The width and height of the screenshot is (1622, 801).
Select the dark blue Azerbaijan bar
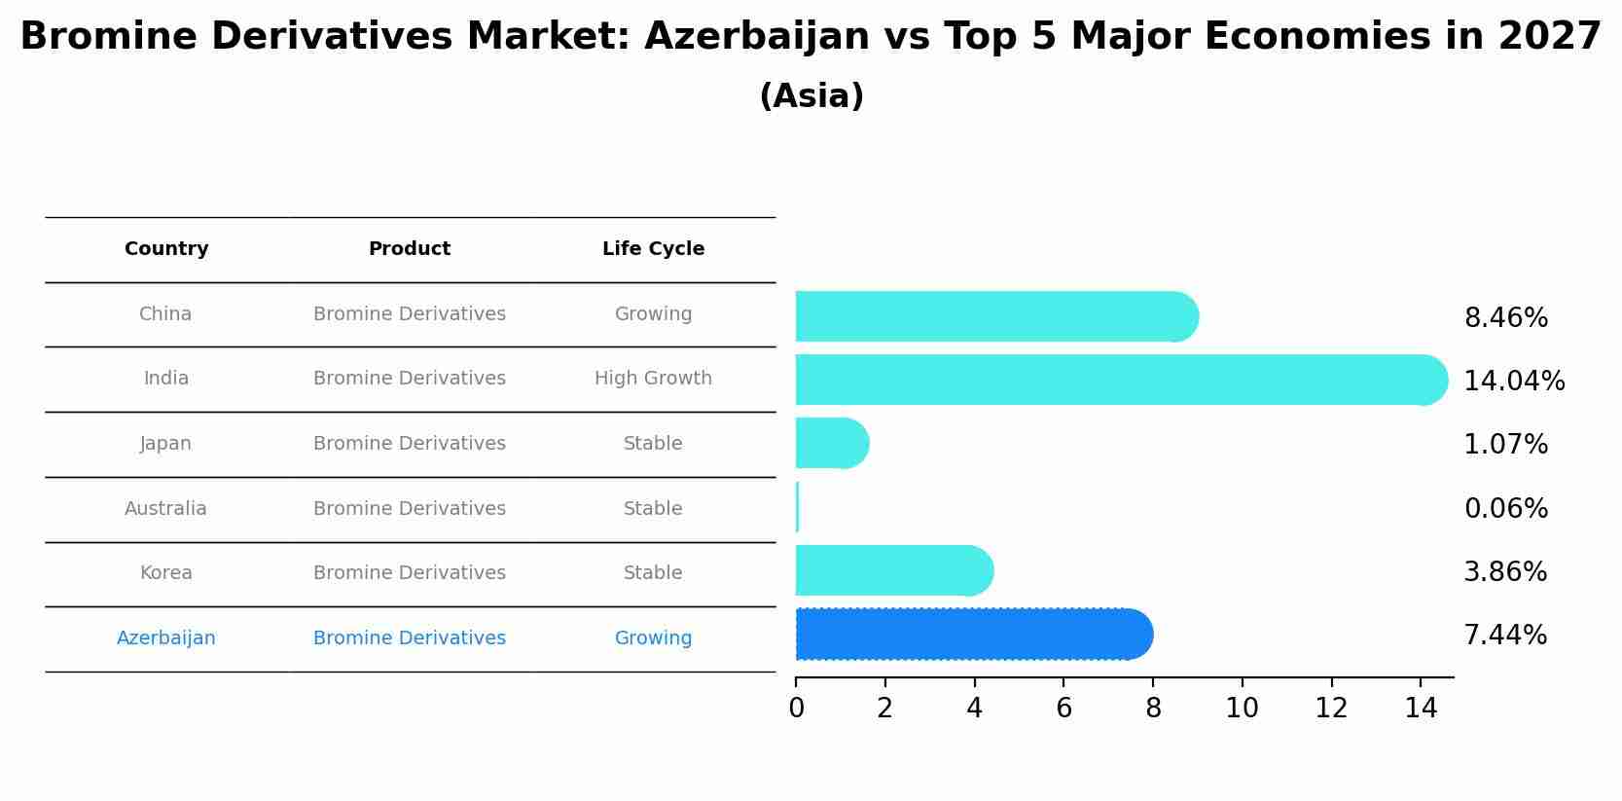pos(973,635)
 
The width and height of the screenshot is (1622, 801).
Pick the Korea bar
pos(893,570)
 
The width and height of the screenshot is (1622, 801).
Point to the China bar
pos(995,316)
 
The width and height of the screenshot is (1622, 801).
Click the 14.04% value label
pos(1514,381)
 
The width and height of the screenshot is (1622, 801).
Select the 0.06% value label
pos(1505,508)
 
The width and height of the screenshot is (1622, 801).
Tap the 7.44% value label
pos(1505,636)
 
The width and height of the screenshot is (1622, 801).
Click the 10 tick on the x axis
pos(1242,709)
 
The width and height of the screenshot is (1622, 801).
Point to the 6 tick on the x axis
pos(1063,709)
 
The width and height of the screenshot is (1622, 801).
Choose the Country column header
pos(166,249)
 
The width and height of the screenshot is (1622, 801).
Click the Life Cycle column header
pos(653,249)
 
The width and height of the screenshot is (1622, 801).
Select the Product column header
pos(410,249)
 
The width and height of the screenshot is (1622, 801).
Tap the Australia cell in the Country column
pos(165,509)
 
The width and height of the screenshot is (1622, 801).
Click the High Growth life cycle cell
pos(653,379)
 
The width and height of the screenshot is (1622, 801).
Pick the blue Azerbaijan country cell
pos(166,638)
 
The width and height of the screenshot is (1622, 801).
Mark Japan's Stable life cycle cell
pos(653,444)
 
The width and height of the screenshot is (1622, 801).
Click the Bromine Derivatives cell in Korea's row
pos(410,573)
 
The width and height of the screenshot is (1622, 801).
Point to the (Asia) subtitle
pos(811,96)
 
